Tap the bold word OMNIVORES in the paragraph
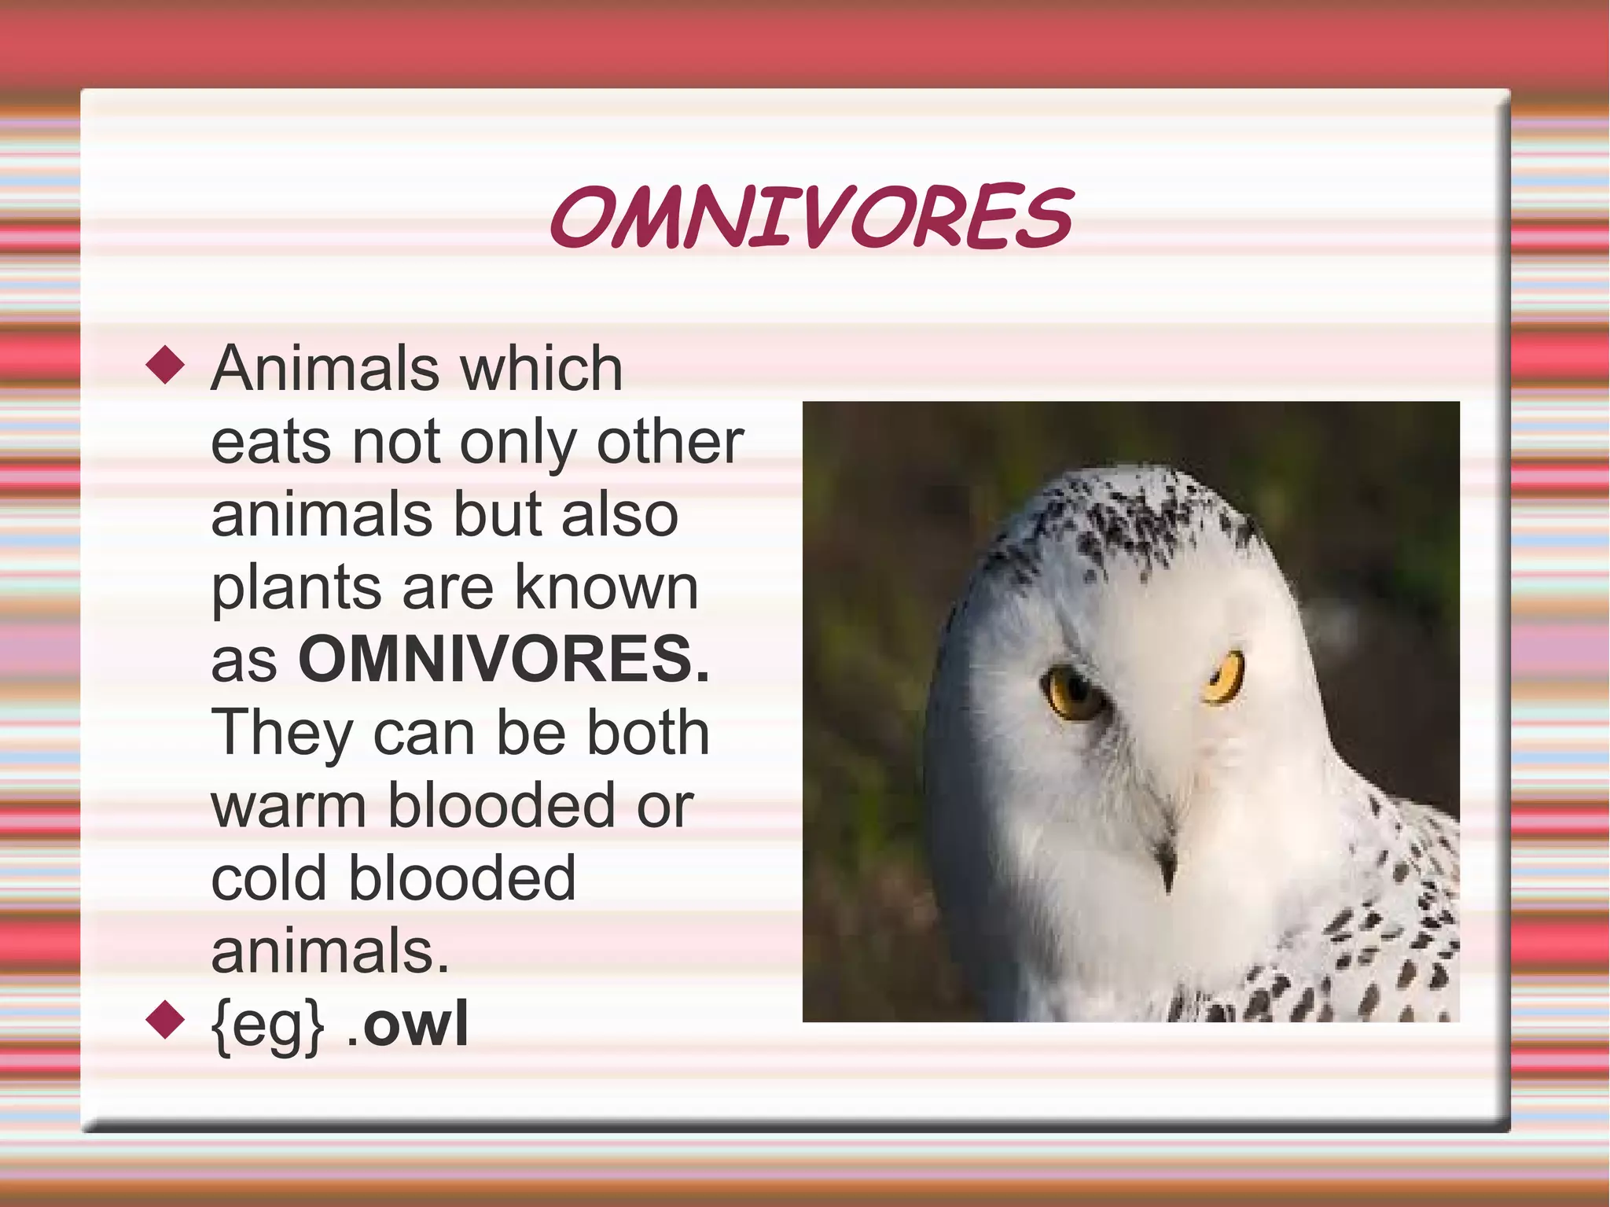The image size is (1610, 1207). pos(503,659)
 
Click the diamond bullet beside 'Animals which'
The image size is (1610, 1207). pos(165,366)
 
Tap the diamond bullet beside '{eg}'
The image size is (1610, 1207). pos(165,1020)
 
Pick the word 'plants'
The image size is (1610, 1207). pos(296,588)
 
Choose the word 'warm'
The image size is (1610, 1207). pos(289,806)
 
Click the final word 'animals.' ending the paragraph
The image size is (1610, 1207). pos(329,951)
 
